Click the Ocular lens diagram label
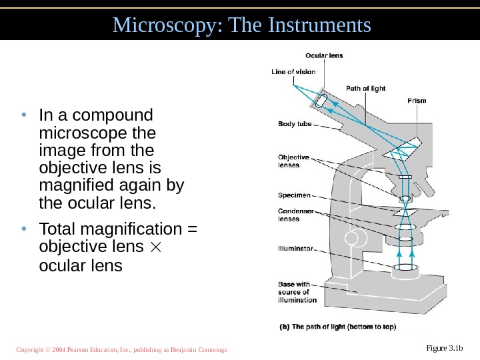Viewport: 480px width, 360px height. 324,55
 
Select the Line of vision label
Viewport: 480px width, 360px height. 292,71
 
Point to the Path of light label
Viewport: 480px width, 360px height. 365,88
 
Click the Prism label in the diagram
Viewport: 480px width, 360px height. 417,101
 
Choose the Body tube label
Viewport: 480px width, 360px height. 294,123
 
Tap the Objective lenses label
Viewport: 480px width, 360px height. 294,161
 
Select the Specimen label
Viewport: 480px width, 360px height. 294,195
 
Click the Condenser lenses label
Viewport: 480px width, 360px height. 295,215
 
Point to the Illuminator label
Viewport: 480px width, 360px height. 295,248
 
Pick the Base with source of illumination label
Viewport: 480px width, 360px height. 297,292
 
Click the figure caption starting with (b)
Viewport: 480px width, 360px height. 337,327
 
